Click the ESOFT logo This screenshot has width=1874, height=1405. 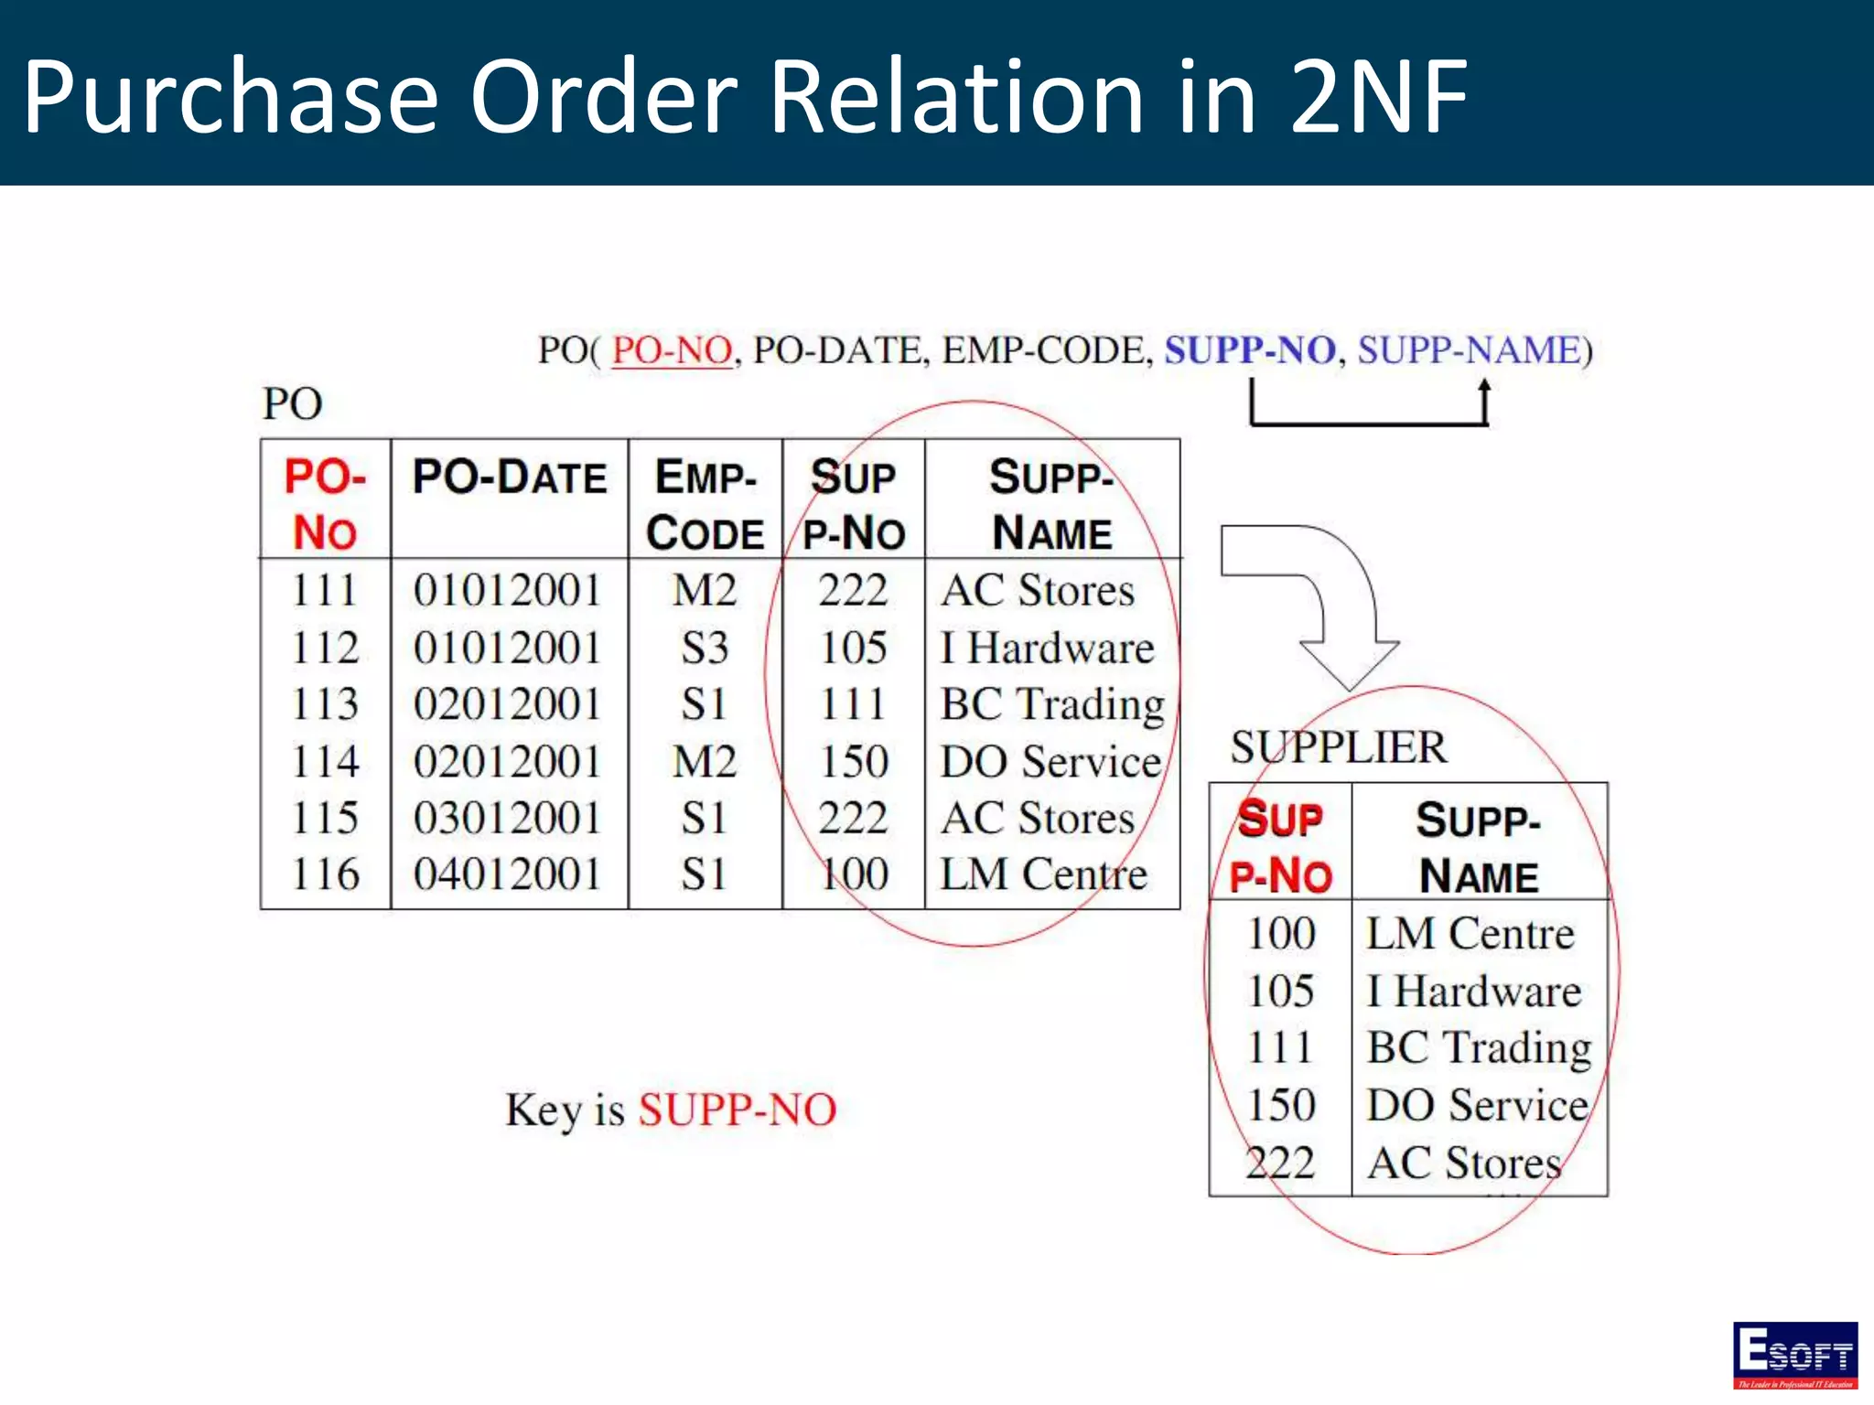click(x=1794, y=1355)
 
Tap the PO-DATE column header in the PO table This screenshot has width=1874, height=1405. click(x=510, y=477)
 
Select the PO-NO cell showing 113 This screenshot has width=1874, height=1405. click(x=325, y=704)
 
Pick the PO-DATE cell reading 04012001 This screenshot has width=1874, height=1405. click(x=507, y=874)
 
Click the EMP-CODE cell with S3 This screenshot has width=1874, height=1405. click(x=705, y=649)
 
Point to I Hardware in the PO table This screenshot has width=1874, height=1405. click(x=1048, y=649)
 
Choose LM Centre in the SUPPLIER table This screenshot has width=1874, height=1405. click(x=1470, y=934)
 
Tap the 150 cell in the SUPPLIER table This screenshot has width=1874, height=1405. click(x=1281, y=1105)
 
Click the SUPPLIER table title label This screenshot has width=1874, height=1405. click(x=1339, y=747)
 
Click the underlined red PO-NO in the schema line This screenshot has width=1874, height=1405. click(x=673, y=350)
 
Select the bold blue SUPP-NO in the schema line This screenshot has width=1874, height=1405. click(x=1249, y=350)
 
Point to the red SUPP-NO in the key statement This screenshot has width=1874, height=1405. click(x=738, y=1110)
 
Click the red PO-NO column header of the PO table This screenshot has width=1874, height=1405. click(x=325, y=504)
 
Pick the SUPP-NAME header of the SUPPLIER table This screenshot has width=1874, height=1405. click(x=1479, y=847)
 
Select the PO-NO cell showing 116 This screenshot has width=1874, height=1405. click(x=325, y=874)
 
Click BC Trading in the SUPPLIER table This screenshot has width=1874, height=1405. click(x=1479, y=1048)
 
